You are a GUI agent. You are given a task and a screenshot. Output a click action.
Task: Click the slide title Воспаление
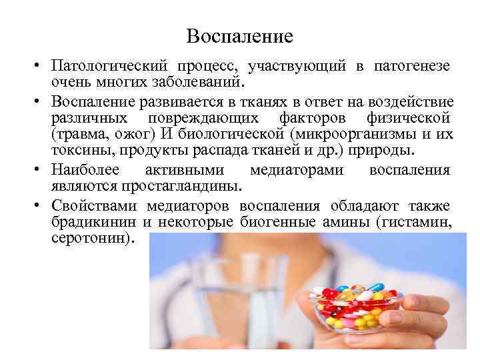point(239,36)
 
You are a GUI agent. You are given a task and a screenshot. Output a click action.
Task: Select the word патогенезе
point(411,67)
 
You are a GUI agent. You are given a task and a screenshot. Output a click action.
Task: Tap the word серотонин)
point(92,237)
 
